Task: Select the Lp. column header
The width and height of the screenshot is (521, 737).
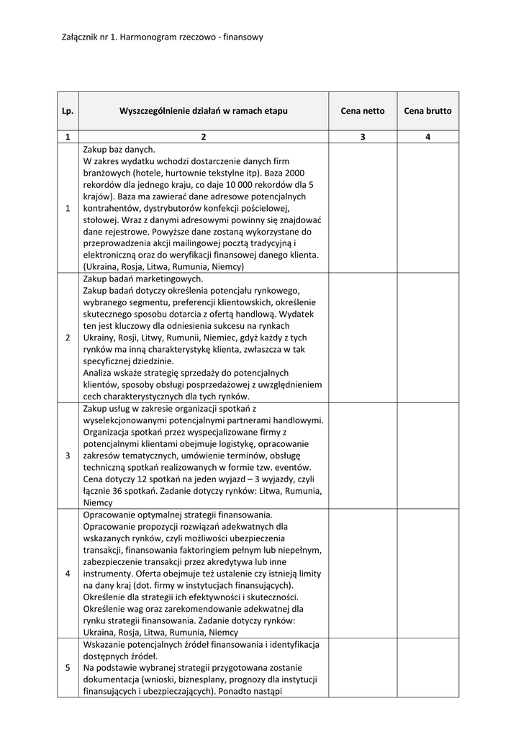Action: click(x=68, y=111)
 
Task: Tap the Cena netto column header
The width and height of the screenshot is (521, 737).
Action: click(x=363, y=111)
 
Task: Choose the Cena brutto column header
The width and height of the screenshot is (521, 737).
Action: click(x=427, y=111)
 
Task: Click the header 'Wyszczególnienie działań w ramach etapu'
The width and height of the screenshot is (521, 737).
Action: click(x=203, y=111)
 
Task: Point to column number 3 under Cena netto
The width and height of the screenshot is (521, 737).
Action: click(x=363, y=137)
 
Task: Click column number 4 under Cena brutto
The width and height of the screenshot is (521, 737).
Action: click(x=427, y=137)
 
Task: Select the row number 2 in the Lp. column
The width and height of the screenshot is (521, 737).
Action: click(x=68, y=338)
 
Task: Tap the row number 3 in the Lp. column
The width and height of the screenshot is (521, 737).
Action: click(x=68, y=456)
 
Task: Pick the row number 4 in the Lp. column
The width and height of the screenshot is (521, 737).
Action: click(x=68, y=574)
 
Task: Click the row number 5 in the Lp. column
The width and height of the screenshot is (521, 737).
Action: click(x=68, y=667)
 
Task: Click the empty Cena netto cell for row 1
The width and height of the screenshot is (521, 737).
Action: click(x=363, y=208)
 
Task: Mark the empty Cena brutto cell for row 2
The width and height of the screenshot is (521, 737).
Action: click(x=427, y=338)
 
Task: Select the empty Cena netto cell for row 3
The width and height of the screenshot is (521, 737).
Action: click(x=363, y=456)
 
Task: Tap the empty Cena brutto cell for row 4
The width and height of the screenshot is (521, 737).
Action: click(x=427, y=574)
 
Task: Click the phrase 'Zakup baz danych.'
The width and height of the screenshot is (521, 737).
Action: click(x=119, y=150)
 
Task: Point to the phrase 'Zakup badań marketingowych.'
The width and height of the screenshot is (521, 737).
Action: click(x=143, y=279)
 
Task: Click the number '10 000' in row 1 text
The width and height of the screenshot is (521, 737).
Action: click(x=222, y=185)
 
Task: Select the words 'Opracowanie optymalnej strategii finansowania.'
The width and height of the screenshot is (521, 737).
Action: click(x=178, y=515)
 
